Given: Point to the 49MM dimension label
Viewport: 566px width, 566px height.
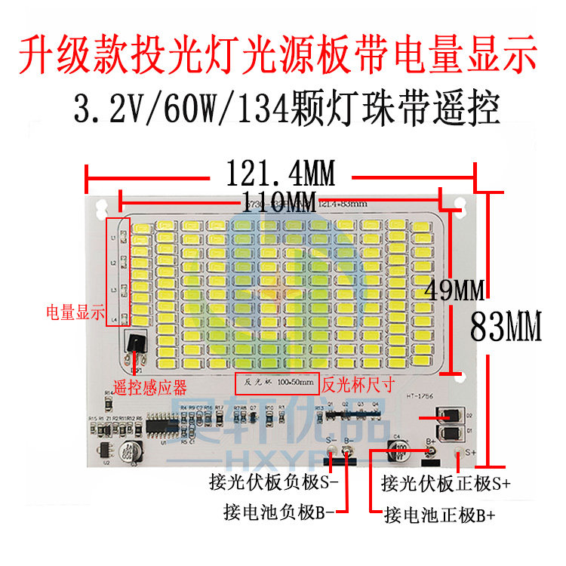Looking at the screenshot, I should pyautogui.click(x=455, y=288).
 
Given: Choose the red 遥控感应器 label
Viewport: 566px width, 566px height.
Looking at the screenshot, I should pyautogui.click(x=149, y=388).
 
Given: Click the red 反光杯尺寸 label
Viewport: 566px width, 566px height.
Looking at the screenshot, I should pyautogui.click(x=358, y=383).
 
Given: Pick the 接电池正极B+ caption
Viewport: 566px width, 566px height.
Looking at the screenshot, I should pyautogui.click(x=440, y=516).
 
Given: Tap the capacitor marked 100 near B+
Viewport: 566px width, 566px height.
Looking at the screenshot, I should pyautogui.click(x=399, y=451).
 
